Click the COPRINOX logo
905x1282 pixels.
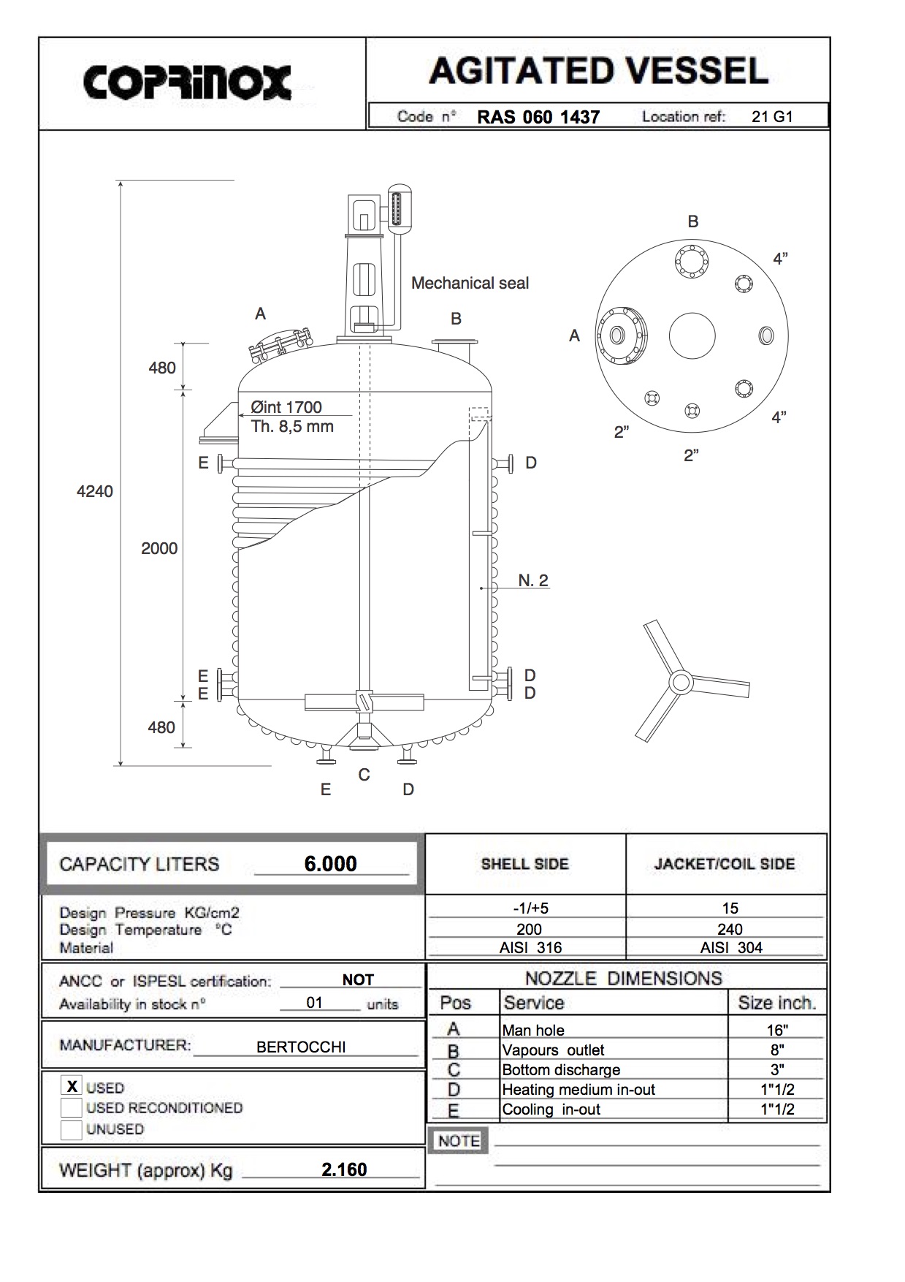(188, 82)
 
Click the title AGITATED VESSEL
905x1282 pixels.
(598, 71)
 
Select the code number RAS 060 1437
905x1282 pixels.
(538, 117)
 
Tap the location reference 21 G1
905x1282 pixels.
(771, 116)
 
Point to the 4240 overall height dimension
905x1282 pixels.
(95, 491)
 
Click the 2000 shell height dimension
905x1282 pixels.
(159, 548)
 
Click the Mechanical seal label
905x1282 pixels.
(470, 283)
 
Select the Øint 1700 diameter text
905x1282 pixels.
(286, 407)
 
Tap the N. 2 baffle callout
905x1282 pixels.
(533, 580)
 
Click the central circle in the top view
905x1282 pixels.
(692, 335)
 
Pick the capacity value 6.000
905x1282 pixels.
(330, 864)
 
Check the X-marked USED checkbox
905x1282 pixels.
(72, 1086)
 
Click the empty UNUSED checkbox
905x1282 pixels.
(72, 1129)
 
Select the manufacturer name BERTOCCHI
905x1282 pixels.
(301, 1047)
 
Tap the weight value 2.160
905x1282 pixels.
(344, 1169)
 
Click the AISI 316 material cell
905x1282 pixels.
(529, 947)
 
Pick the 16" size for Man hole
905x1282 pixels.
(776, 1030)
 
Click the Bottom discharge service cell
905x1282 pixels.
(561, 1069)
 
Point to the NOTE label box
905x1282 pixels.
(459, 1141)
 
